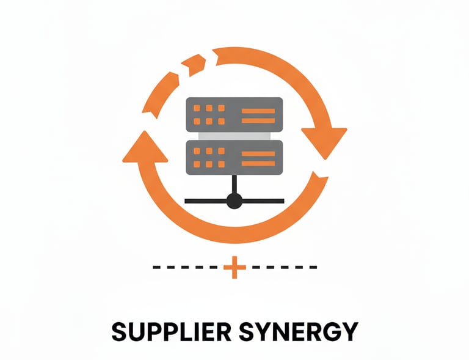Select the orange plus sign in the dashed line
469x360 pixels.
click(x=234, y=267)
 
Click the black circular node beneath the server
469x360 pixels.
click(x=234, y=199)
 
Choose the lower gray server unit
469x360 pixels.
click(x=234, y=156)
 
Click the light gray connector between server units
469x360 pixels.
click(x=234, y=135)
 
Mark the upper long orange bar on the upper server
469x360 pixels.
click(x=258, y=110)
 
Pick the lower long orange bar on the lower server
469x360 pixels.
click(x=258, y=163)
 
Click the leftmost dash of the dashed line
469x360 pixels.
click(x=156, y=267)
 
